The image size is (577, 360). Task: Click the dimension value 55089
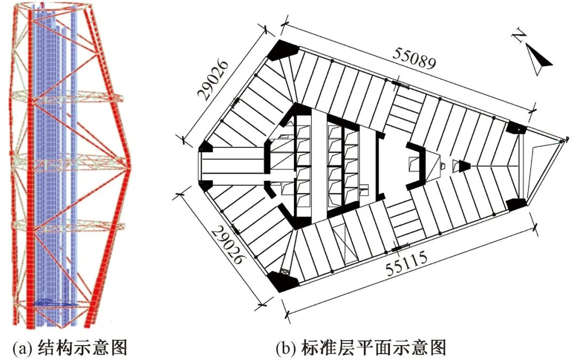416,58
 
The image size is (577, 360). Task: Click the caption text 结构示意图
82,348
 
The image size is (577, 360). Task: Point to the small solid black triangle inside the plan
464,166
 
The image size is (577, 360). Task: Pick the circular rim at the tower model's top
58,6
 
